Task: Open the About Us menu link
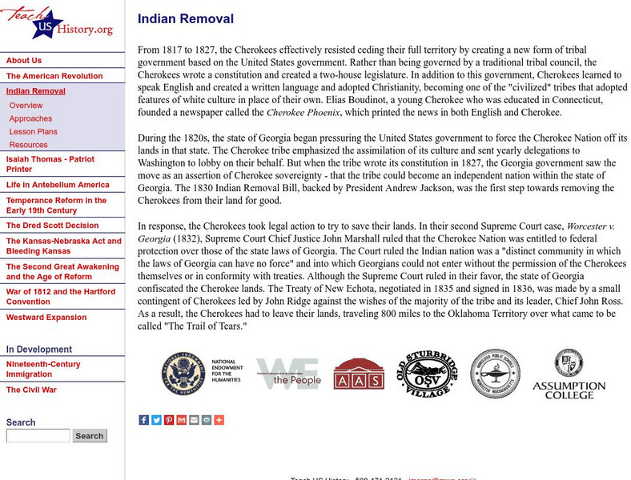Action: (24, 61)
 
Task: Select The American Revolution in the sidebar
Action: (54, 76)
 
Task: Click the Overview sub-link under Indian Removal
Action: (26, 106)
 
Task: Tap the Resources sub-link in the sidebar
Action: (28, 145)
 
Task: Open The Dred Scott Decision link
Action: (52, 226)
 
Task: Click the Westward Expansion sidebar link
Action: (46, 318)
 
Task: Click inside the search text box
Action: (38, 436)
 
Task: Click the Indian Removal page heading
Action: (186, 19)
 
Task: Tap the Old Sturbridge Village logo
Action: (424, 373)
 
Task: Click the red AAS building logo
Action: (358, 374)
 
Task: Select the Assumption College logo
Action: (569, 374)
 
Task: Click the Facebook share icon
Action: (143, 420)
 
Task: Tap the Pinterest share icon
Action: (169, 420)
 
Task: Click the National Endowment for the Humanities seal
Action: (182, 373)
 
